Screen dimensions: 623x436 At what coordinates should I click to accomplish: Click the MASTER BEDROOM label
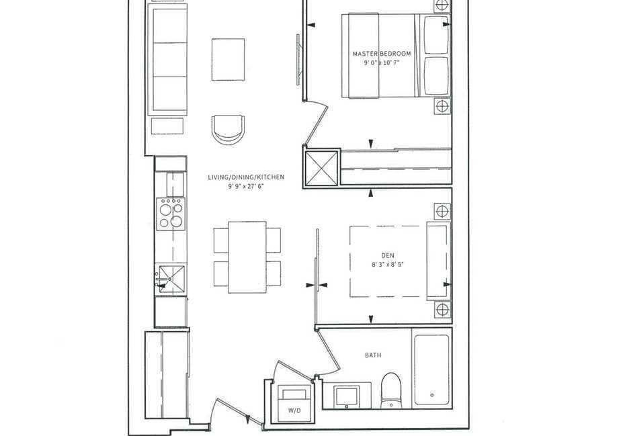(x=382, y=54)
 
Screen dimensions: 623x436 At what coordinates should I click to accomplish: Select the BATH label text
(x=373, y=355)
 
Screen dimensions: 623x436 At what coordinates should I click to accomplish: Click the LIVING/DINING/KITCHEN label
(x=246, y=177)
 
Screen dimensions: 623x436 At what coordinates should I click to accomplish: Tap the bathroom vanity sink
(x=347, y=396)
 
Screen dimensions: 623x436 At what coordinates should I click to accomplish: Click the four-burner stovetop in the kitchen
(x=171, y=214)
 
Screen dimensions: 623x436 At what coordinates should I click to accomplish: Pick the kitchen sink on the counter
(x=171, y=279)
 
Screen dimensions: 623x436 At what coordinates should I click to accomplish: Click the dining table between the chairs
(x=247, y=257)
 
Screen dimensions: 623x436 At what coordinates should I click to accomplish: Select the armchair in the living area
(x=228, y=130)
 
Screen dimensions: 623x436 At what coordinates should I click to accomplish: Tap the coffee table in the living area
(x=228, y=59)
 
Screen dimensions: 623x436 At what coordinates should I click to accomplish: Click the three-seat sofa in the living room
(x=167, y=60)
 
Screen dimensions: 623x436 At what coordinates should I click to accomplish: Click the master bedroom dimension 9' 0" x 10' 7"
(x=382, y=62)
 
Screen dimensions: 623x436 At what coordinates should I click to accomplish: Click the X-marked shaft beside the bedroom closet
(x=322, y=168)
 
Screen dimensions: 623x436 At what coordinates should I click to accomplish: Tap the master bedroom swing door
(x=315, y=122)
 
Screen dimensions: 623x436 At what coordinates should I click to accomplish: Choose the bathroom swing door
(x=328, y=351)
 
